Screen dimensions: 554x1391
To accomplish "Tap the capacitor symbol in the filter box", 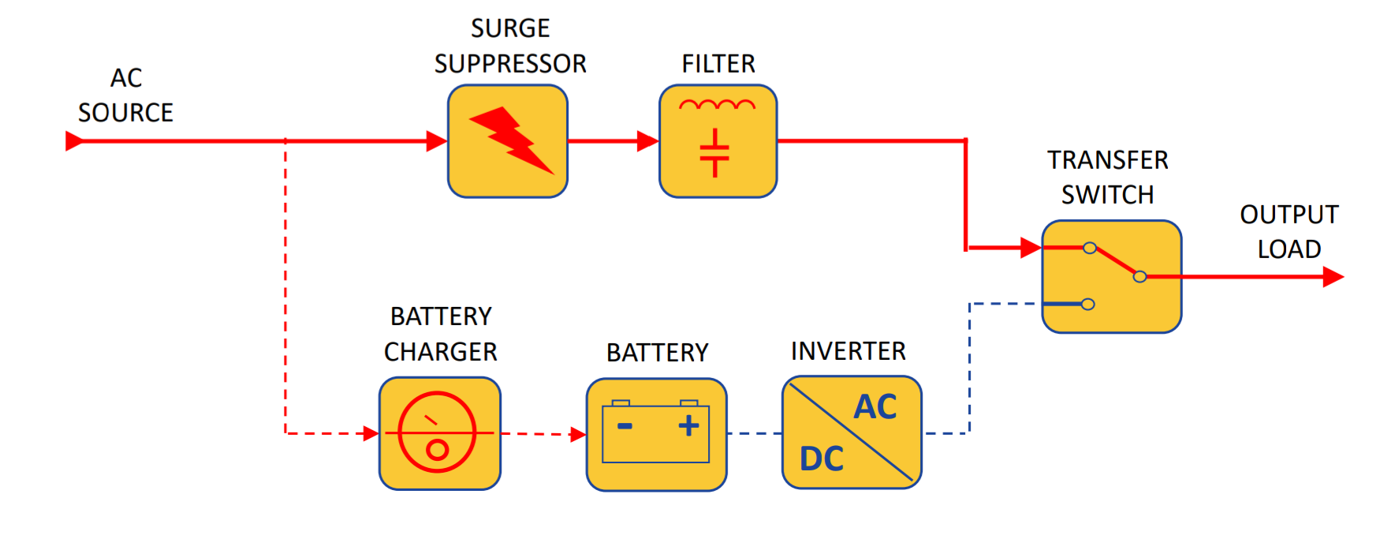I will pyautogui.click(x=714, y=153).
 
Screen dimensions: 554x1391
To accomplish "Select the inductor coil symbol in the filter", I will pyautogui.click(x=717, y=104).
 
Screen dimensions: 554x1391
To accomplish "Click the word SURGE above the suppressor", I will pyautogui.click(x=510, y=28).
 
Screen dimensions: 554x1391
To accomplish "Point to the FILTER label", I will pyautogui.click(x=718, y=64).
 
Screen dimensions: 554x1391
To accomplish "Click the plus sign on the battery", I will pyautogui.click(x=688, y=425).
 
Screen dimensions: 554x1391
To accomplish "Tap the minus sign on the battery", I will pyautogui.click(x=625, y=426).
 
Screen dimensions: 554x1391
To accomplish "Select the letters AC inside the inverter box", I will pyautogui.click(x=875, y=407).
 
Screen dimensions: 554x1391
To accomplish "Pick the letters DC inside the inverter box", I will pyautogui.click(x=822, y=459).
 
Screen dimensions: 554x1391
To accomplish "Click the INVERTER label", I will pyautogui.click(x=848, y=351).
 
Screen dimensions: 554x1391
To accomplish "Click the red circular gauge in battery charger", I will pyautogui.click(x=437, y=432).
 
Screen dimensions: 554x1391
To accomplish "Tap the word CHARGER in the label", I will pyautogui.click(x=441, y=352).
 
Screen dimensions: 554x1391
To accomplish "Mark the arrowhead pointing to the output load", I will pyautogui.click(x=1333, y=277).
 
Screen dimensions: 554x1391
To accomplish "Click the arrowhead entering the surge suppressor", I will pyautogui.click(x=436, y=141).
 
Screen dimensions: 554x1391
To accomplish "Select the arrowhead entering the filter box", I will pyautogui.click(x=647, y=141).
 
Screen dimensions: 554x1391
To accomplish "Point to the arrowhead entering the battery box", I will pyautogui.click(x=578, y=434).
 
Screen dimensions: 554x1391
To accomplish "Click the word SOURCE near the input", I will pyautogui.click(x=125, y=113).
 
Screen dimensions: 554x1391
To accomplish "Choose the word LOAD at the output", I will pyautogui.click(x=1289, y=249).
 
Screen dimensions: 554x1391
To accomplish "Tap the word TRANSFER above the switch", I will pyautogui.click(x=1107, y=160).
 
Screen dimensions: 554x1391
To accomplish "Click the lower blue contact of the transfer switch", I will pyautogui.click(x=1087, y=304).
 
